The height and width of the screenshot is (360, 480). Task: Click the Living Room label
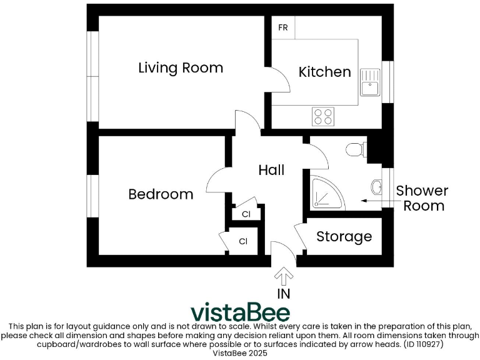[x=180, y=67]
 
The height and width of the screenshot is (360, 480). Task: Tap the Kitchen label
[x=324, y=72]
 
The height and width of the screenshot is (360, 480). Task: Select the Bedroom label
[x=161, y=194]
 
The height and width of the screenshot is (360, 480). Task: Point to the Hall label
[x=271, y=170]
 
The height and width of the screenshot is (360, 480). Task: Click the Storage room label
[x=344, y=237]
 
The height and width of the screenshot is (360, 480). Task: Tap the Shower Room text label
[x=423, y=198]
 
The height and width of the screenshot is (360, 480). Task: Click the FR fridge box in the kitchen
[x=283, y=28]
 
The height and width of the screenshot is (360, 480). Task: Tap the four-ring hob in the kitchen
[x=323, y=116]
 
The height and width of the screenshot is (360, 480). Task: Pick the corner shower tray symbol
[x=324, y=191]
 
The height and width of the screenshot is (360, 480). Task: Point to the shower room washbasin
[x=376, y=186]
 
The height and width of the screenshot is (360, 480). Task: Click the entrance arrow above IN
[x=284, y=276]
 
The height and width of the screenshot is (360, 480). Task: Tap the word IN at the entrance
[x=284, y=293]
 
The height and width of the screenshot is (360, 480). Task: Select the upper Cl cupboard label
[x=246, y=214]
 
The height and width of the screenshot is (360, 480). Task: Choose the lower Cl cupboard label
[x=243, y=241]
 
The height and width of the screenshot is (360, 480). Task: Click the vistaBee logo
[x=239, y=311]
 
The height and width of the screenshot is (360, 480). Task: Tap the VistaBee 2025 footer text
[x=240, y=353]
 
